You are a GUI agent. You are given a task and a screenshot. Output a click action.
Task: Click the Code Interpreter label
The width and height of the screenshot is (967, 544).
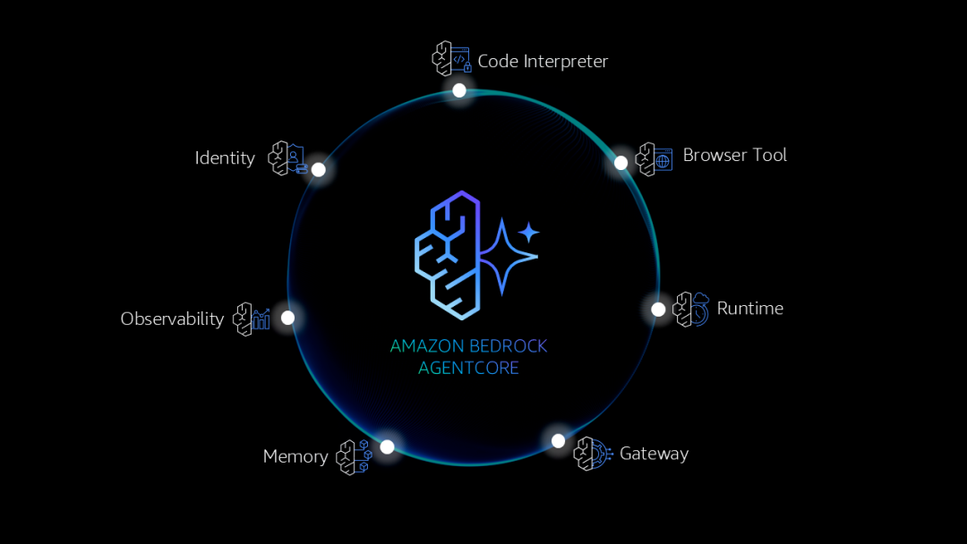[543, 62]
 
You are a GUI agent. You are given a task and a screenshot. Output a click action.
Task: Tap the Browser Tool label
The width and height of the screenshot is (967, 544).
[734, 155]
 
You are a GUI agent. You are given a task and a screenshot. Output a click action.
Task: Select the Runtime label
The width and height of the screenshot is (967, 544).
[750, 309]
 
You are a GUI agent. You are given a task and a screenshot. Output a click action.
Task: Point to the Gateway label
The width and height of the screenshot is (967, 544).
[654, 454]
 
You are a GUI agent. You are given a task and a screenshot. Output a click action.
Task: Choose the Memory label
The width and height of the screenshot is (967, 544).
[295, 456]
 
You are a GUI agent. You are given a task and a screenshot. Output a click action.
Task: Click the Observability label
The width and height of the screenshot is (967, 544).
[172, 319]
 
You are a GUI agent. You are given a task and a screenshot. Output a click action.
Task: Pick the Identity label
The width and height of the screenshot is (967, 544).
[225, 158]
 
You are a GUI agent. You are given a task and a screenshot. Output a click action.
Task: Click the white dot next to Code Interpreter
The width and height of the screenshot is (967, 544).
[459, 90]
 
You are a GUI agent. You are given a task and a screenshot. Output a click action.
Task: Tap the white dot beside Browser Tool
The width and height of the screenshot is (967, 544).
[621, 163]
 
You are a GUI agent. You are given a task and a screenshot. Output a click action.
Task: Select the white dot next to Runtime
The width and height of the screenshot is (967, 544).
[658, 310]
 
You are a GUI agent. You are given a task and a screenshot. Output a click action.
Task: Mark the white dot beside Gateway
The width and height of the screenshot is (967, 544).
[558, 440]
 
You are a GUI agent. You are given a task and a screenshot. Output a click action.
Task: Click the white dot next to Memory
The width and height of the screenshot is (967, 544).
[387, 446]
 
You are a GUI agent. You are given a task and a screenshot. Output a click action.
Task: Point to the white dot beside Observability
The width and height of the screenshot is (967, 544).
[287, 318]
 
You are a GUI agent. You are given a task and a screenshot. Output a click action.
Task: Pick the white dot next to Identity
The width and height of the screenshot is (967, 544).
[318, 169]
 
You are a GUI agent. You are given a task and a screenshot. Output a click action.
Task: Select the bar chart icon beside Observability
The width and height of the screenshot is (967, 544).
[261, 319]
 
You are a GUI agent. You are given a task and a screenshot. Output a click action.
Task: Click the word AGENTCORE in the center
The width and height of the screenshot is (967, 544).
[468, 368]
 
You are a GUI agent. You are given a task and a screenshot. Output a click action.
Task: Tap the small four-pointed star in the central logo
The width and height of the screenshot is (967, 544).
[529, 233]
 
